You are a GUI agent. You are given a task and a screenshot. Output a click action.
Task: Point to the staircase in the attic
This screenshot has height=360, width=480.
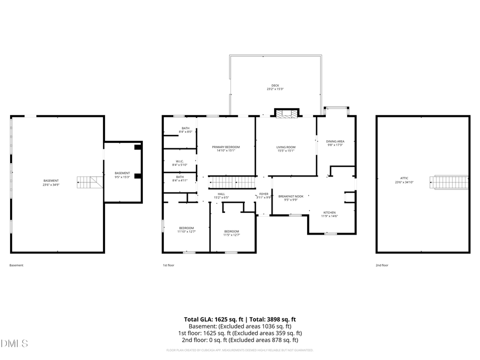450,182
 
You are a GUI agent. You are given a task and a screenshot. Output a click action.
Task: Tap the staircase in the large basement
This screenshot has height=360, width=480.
89,182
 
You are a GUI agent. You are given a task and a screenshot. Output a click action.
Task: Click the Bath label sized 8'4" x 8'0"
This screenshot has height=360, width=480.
185,130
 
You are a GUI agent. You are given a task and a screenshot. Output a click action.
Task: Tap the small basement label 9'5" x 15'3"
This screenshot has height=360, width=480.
122,175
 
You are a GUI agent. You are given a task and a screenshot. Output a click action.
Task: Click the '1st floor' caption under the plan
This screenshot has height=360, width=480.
169,265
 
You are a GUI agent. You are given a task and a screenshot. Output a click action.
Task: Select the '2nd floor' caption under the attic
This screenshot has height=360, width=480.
382,265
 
